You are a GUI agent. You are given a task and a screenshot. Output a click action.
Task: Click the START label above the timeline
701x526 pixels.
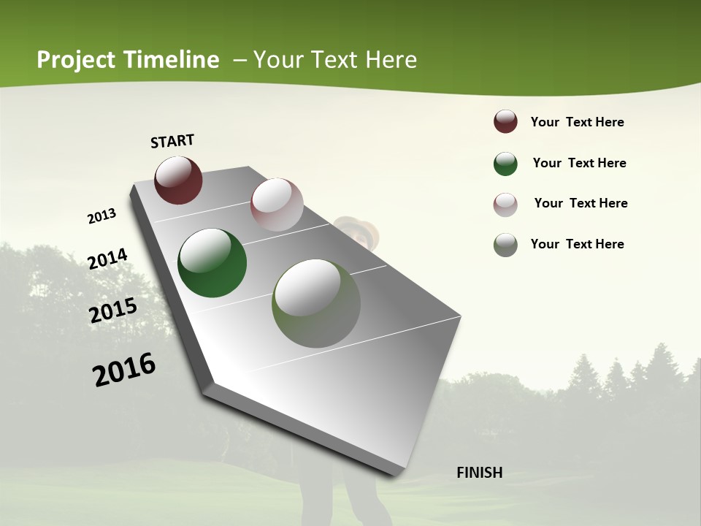172,141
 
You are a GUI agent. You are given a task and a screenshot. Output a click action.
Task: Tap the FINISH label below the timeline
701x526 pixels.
480,473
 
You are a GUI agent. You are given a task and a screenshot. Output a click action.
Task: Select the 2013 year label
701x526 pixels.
102,216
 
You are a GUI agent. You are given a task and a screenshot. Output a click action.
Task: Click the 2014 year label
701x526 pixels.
108,259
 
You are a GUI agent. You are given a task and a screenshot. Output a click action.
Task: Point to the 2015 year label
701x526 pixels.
113,310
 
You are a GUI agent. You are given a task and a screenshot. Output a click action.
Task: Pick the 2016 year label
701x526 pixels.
125,369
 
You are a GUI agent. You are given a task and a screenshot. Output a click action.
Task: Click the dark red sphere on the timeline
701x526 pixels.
178,180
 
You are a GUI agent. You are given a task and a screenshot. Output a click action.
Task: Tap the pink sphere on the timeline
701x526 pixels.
277,205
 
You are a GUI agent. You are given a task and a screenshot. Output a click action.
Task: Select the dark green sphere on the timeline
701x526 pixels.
212,263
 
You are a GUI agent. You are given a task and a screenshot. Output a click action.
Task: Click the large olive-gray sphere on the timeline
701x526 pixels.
316,303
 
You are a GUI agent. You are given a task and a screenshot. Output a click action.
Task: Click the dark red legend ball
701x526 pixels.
505,122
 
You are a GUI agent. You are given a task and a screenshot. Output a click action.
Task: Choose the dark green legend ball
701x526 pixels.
505,164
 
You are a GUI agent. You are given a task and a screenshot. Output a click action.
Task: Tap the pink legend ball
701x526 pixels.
505,205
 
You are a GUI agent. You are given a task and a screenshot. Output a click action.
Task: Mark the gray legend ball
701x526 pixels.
505,245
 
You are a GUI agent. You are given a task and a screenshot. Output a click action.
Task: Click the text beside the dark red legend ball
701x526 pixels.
577,122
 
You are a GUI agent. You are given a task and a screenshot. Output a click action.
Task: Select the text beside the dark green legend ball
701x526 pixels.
579,163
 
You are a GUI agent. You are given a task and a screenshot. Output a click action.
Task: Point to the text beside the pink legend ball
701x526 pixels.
581,203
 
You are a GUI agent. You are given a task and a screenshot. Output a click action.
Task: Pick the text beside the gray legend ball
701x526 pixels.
577,244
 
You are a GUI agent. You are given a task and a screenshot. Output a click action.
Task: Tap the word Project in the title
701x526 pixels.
75,60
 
